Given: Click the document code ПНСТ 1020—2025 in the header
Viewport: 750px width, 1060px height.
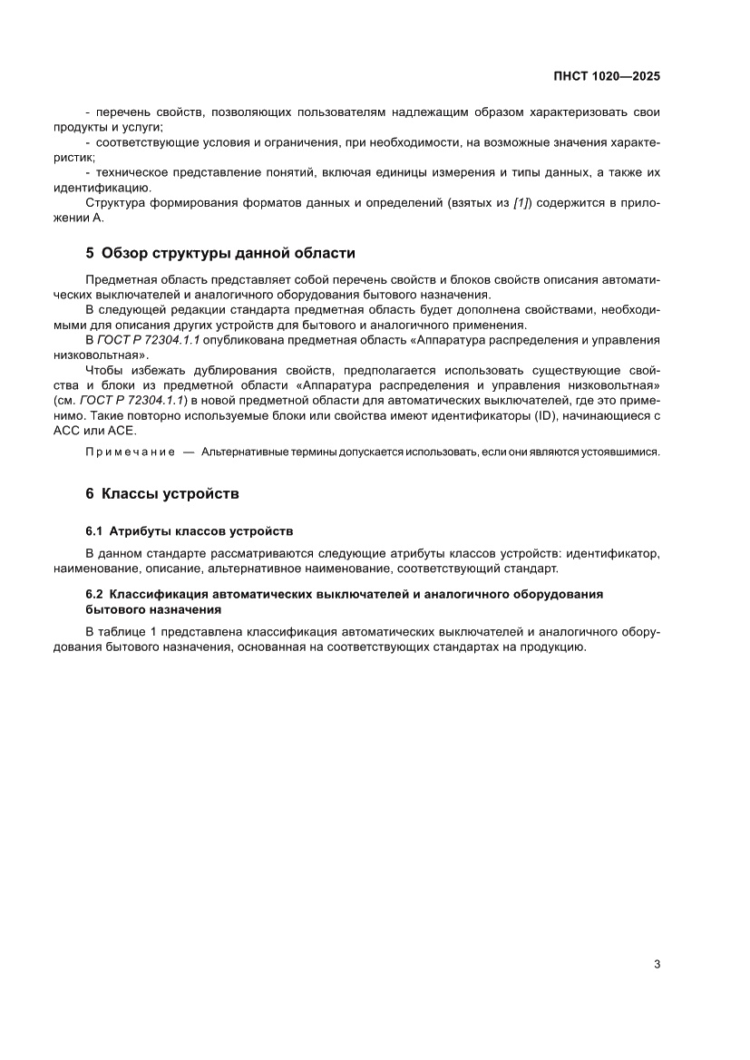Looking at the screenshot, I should coord(606,77).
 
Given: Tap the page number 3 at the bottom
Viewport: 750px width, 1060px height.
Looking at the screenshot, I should coord(656,964).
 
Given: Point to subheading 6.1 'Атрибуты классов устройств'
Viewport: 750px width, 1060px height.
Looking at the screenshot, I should coord(200,530).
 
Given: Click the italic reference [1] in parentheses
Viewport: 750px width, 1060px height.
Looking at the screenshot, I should coord(521,202).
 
